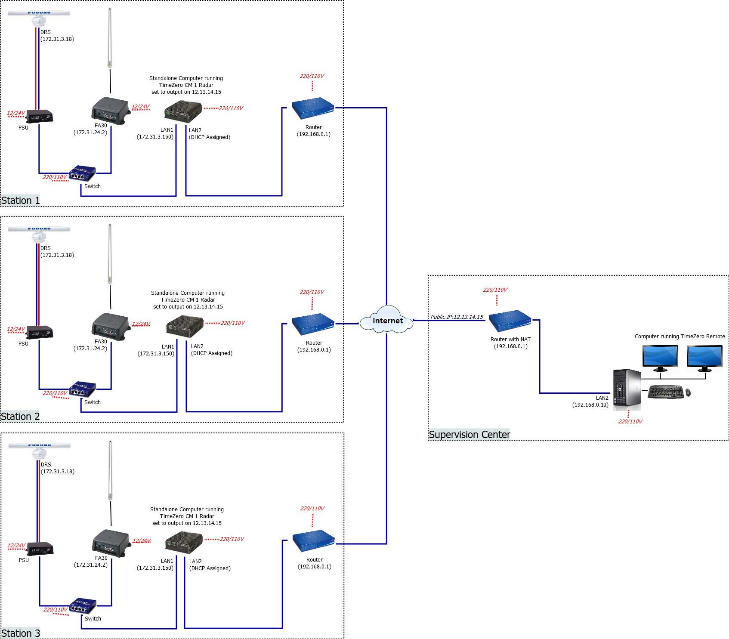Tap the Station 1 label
click(20, 201)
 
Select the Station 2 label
click(20, 417)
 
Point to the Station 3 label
click(21, 633)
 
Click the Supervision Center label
click(469, 435)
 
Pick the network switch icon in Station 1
click(82, 173)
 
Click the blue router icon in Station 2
click(313, 324)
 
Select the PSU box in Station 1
click(40, 117)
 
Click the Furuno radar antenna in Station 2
click(39, 233)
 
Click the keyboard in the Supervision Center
click(665, 392)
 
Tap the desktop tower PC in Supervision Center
click(627, 389)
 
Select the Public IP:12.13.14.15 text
click(457, 317)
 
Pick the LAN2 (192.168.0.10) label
click(590, 401)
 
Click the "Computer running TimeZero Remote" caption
click(680, 336)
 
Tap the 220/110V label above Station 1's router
click(312, 76)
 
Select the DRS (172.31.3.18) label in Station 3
click(57, 468)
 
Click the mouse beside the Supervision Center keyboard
click(688, 392)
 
